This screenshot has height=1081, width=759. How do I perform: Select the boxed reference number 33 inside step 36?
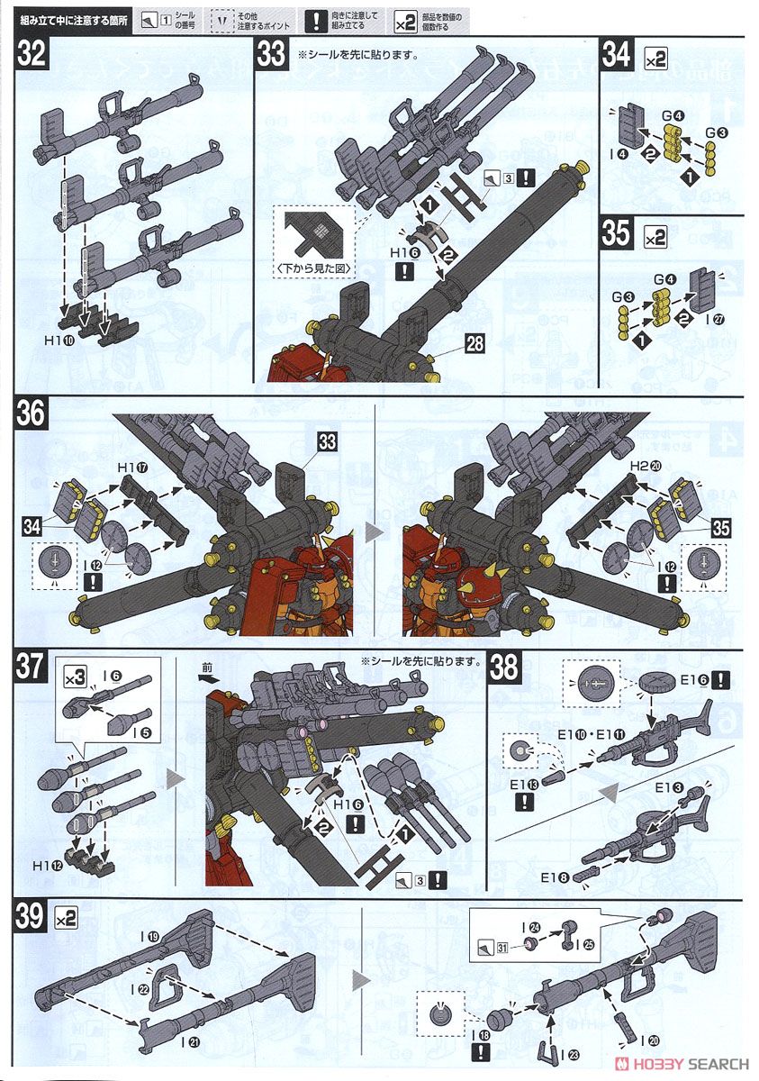[x=328, y=441]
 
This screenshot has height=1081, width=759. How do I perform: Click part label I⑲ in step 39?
[x=150, y=937]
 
